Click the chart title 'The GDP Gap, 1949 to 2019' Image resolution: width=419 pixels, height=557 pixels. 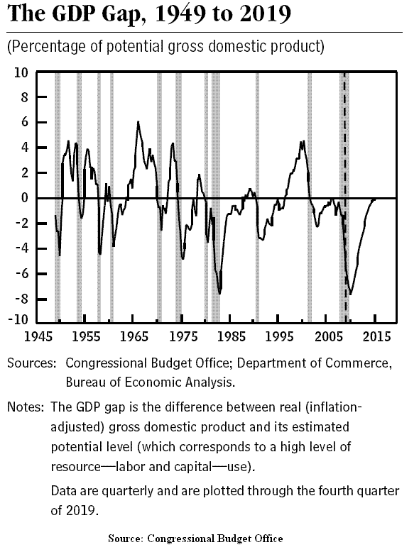[149, 14]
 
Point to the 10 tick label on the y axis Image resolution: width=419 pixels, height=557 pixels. [21, 72]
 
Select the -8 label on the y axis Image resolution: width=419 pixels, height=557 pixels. [22, 299]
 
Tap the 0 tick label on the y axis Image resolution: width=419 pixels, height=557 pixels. [25, 198]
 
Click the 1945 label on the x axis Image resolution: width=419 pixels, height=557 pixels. [38, 336]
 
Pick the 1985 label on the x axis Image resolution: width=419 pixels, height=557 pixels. [232, 336]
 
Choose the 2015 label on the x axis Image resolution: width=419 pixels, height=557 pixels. [376, 336]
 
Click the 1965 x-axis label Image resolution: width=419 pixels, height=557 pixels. [134, 336]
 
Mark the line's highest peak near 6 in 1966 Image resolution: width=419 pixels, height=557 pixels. [138, 122]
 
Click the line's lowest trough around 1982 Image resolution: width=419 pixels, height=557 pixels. [219, 294]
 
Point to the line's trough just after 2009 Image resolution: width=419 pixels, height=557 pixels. [351, 294]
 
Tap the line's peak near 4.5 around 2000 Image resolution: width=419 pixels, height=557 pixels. [303, 141]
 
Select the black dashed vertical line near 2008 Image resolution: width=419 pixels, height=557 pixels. [344, 197]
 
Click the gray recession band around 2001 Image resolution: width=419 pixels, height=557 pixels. [310, 197]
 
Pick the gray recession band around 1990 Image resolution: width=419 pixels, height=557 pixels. [258, 197]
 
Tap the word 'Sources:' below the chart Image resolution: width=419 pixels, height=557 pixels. [32, 363]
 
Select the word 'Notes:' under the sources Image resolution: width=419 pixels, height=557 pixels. [26, 407]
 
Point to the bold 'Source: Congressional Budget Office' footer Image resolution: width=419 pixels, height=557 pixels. [195, 539]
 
